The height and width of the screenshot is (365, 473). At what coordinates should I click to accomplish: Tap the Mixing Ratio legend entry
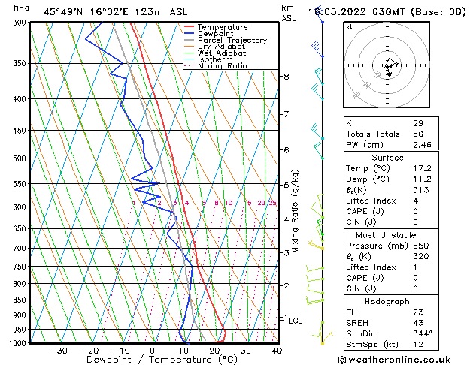[x=222, y=66]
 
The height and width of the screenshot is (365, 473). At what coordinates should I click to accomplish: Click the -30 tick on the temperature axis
[x=59, y=351]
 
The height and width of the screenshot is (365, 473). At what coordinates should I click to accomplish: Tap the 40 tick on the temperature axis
[x=277, y=351]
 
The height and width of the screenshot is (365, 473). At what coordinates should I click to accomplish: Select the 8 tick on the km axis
[x=286, y=77]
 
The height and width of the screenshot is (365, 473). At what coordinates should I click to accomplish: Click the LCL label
[x=295, y=321]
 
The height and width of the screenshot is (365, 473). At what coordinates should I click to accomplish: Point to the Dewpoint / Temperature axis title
[x=152, y=360]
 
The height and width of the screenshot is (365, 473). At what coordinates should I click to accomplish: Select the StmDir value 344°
[x=423, y=333]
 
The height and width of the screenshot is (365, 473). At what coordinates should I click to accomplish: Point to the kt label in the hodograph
[x=350, y=26]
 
